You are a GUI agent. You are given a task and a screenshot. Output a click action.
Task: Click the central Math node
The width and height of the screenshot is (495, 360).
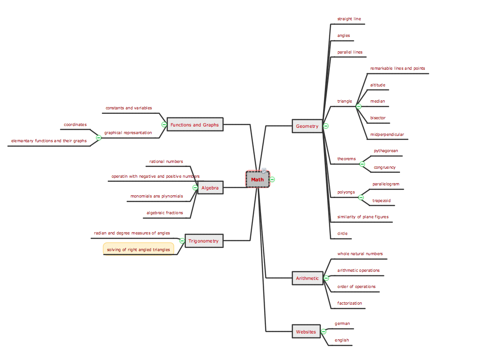coord(257,180)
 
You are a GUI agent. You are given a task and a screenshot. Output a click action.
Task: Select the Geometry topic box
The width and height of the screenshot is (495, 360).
coord(307,126)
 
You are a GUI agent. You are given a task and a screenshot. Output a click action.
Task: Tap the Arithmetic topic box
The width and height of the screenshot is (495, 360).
coord(307,278)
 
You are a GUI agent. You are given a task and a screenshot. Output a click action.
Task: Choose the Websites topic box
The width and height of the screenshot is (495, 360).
coord(306,332)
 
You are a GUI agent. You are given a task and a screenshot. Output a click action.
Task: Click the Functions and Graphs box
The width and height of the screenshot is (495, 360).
coord(195,125)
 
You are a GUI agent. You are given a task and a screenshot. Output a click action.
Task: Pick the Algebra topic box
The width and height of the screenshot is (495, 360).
coord(210,188)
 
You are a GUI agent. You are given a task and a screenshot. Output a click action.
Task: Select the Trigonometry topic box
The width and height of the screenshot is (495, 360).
coord(203,241)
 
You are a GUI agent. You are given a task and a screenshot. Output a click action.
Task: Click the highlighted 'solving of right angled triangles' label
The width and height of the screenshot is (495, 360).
coord(139,249)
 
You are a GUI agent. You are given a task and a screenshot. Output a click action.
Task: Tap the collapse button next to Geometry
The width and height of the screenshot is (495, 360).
coord(326,126)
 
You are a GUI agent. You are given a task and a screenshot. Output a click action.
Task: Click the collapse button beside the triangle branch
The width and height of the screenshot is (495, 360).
coord(358,107)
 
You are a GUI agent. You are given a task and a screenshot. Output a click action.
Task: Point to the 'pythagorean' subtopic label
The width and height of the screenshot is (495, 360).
coord(386,151)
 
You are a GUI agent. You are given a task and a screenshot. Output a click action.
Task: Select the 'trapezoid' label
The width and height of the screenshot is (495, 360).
coord(382,201)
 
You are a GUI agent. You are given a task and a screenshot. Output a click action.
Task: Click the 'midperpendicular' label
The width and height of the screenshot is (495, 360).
coord(387,135)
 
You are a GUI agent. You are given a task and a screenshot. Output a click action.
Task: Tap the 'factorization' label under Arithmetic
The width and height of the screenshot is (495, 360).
coord(350,303)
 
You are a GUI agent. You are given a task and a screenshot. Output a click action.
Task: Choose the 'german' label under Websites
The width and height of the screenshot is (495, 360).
coord(342,324)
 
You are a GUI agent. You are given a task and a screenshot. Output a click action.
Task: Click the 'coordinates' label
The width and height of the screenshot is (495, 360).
coord(75,124)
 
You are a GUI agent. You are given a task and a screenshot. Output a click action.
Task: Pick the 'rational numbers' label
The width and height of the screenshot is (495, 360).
coord(166,161)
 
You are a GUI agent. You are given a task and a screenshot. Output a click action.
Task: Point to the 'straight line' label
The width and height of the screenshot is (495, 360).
coord(349,19)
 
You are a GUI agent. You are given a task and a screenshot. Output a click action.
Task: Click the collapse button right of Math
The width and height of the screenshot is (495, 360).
coord(272,180)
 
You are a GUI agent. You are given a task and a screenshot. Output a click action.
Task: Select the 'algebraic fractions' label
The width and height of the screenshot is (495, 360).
coord(165,213)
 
